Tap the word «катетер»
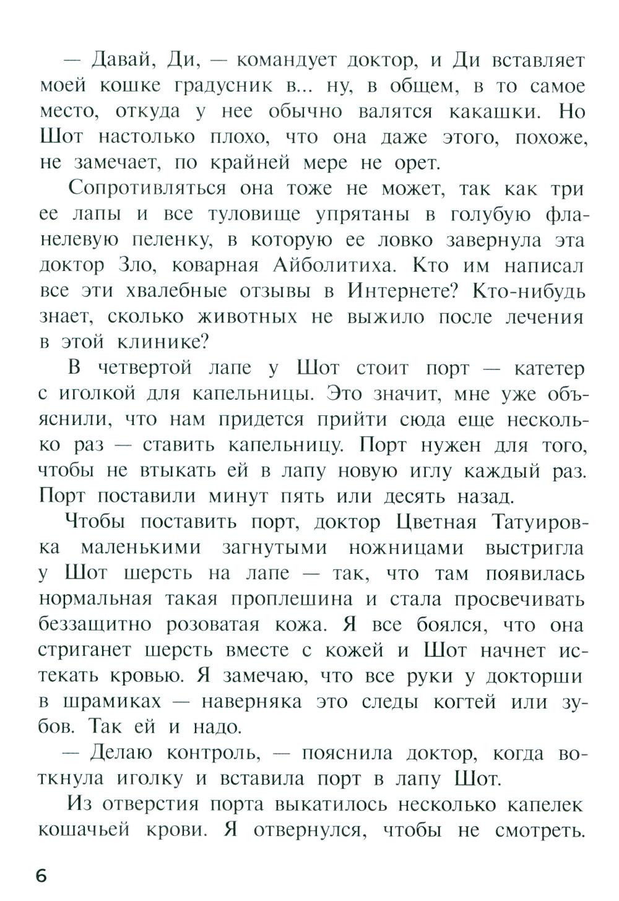coord(548,368)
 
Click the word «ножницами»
coord(405,548)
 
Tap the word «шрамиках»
coord(112,702)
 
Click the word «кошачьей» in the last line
coord(84,830)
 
